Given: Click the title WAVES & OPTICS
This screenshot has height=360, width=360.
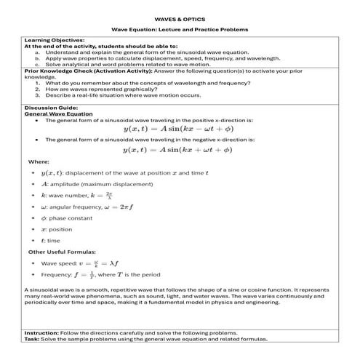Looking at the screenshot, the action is pos(179,14).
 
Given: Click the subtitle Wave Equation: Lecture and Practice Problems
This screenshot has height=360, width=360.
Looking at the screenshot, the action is pos(179,29).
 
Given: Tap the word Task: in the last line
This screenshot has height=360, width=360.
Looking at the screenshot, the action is pos(34,339).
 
